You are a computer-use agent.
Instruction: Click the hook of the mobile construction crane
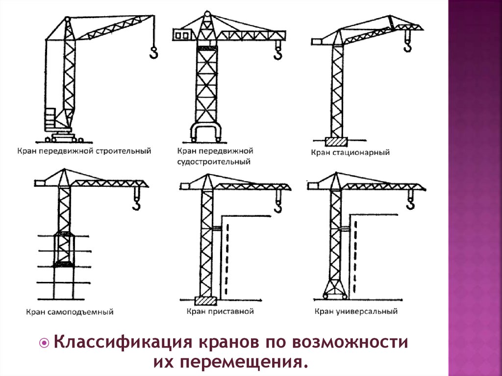click(x=153, y=52)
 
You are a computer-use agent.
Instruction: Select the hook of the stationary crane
click(x=407, y=45)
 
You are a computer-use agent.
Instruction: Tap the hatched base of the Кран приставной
click(x=205, y=301)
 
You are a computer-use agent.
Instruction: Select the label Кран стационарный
click(x=350, y=152)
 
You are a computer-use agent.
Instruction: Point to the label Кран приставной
click(x=220, y=311)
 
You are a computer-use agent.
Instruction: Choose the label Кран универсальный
click(x=355, y=311)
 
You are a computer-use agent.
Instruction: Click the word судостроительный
click(x=214, y=161)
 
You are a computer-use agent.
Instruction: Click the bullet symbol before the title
click(x=45, y=342)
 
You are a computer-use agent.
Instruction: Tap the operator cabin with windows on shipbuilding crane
click(x=182, y=34)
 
